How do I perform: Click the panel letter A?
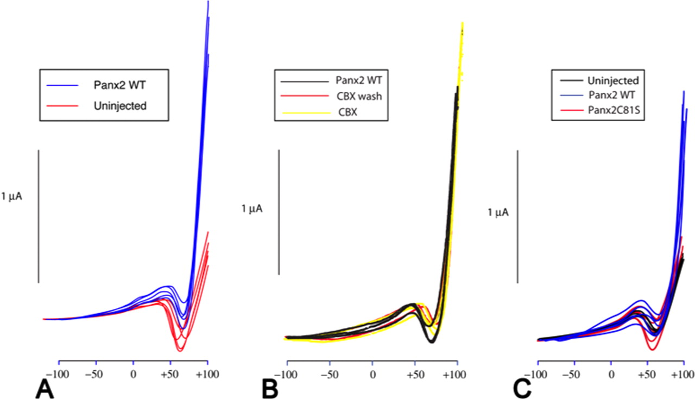coord(46,388)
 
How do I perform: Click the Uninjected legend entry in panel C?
coord(613,80)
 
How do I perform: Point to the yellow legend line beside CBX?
coord(304,112)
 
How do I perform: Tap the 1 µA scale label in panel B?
coord(252,208)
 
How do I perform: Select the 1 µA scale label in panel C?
coord(498,213)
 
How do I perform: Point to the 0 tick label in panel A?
coord(133,375)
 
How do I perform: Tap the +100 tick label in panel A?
coord(207,375)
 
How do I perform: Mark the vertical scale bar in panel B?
coord(279,212)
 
